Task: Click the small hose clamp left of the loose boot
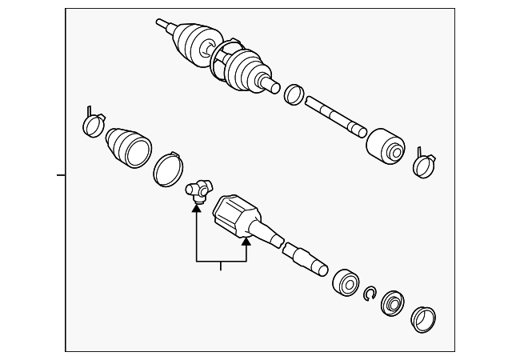pos(93,123)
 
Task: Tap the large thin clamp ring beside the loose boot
pos(169,167)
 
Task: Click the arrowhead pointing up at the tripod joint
pos(195,210)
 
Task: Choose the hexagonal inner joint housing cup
pos(237,215)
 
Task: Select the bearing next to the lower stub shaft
pos(346,281)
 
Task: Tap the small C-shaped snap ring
pos(369,294)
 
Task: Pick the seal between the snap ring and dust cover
pos(393,305)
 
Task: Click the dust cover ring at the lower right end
pos(423,318)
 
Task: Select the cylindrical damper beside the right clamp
pos(384,146)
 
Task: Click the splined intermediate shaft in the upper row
pos(336,116)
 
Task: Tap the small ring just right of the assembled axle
pos(294,94)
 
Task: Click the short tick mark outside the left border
pos(61,173)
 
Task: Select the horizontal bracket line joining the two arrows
pos(221,262)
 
